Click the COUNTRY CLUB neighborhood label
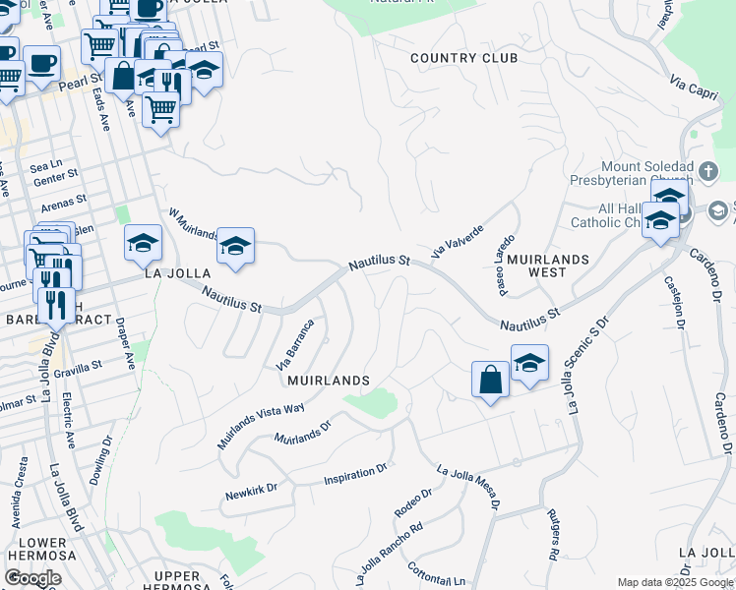click(x=463, y=58)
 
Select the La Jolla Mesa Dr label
click(x=468, y=488)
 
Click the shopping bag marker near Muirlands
click(x=490, y=380)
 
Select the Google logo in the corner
click(x=32, y=578)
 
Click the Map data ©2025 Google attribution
click(x=675, y=582)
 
